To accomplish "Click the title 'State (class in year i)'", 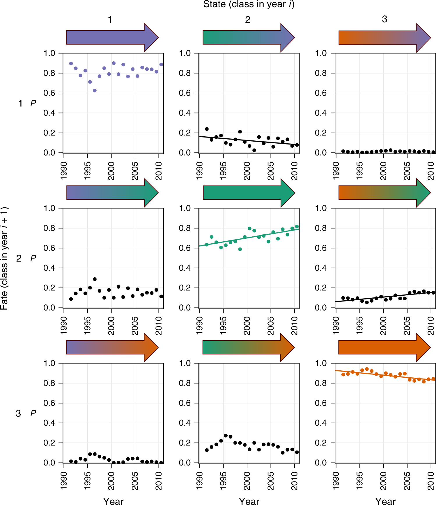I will coord(249,4).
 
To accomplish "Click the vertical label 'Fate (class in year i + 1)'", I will coord(5,258).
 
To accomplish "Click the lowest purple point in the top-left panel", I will coord(95,91).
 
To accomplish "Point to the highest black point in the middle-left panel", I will coord(95,279).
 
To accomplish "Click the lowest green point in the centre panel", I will coord(240,249).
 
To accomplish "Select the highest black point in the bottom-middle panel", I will coord(226,436).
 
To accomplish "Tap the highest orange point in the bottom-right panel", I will coord(367,369).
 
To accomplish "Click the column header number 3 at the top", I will coord(384,19).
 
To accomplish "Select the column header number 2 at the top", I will coord(247,19).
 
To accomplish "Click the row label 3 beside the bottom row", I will coord(18,413).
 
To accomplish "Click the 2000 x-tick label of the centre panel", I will coord(247,326).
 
